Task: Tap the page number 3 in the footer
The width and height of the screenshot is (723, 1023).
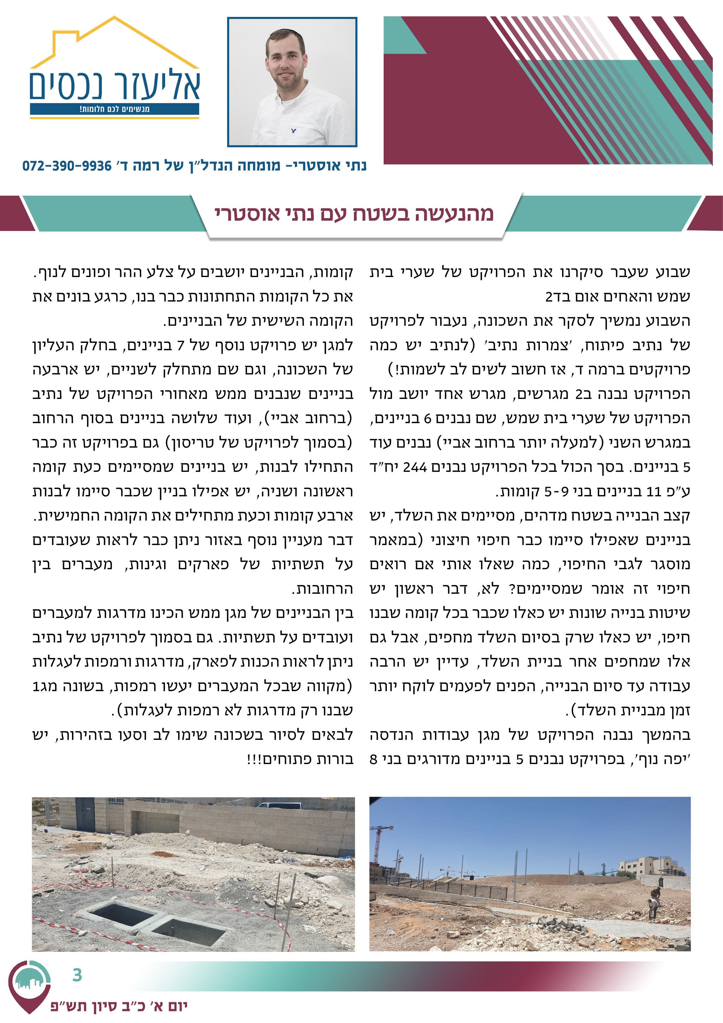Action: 77,975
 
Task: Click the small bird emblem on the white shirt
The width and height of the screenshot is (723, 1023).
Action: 293,131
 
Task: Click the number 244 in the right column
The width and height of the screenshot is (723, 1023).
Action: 415,467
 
